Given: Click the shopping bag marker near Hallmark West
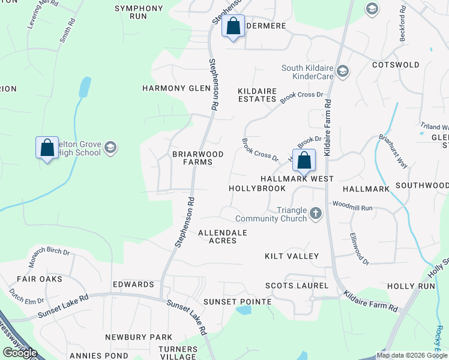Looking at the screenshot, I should [304, 161].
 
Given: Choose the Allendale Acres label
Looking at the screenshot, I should [222, 236].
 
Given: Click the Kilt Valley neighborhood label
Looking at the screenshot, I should [292, 256].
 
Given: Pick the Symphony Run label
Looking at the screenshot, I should [139, 12].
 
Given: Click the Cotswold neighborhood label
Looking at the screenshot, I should [396, 65].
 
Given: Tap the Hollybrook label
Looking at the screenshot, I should [258, 188].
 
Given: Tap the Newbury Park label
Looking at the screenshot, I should [139, 337].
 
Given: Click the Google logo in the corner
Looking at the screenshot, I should [20, 352].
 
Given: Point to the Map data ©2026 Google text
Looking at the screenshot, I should [412, 355].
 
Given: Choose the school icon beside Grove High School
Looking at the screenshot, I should [110, 148].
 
